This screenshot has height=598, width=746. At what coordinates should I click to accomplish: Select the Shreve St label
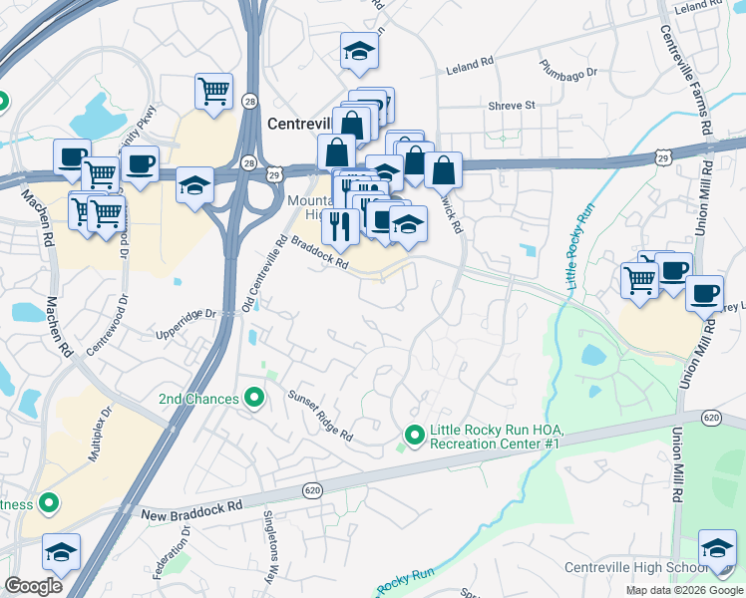pos(512,105)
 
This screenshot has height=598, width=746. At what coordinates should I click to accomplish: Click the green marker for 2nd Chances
pos(254,399)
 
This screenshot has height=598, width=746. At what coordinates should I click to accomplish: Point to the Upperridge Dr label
pos(186,314)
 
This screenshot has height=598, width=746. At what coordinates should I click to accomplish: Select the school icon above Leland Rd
pos(360,53)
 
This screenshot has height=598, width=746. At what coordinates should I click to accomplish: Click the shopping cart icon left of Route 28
pos(213,93)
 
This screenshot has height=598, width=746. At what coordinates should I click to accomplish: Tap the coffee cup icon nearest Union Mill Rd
pos(705,293)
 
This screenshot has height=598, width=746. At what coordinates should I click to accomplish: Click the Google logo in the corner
pos(34,586)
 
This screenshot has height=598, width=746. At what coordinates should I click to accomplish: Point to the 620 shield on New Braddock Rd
pos(312,491)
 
